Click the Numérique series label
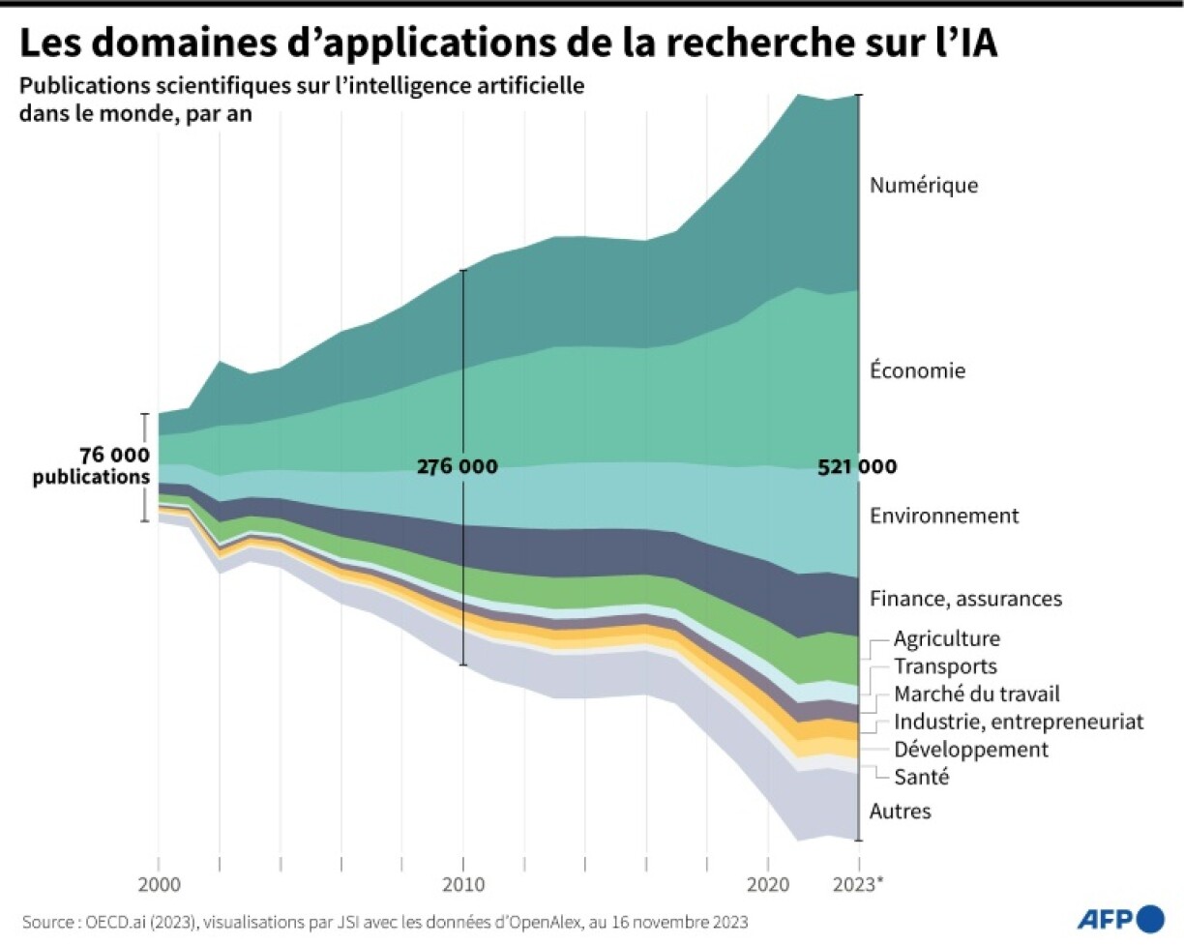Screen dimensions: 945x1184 click(924, 185)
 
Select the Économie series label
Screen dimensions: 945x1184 click(917, 370)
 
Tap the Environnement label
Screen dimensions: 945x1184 click(944, 516)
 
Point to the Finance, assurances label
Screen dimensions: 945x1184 click(965, 599)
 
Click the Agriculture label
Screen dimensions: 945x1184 click(947, 638)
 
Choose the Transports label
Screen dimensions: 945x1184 click(945, 665)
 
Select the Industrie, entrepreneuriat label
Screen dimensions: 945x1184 click(1019, 722)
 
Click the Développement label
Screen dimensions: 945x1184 click(971, 749)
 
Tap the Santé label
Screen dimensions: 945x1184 click(922, 776)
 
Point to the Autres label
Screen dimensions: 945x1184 click(900, 811)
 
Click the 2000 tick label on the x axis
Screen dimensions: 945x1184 click(158, 884)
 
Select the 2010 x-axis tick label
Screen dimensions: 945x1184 click(463, 884)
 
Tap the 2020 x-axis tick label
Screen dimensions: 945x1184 click(768, 884)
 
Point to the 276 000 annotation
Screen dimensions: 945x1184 click(458, 466)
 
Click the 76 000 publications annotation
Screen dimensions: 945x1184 click(114, 466)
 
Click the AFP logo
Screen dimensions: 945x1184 click(1121, 917)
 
